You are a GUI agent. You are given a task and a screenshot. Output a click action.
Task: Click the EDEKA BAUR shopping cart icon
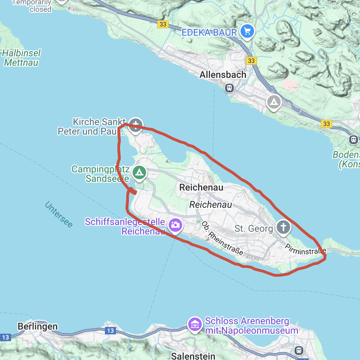click(x=247, y=32)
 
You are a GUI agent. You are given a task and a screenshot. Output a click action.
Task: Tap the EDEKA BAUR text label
click(x=209, y=33)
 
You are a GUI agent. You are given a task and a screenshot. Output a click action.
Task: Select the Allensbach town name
click(x=223, y=75)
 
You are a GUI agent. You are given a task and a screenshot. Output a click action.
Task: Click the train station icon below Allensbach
click(x=229, y=88)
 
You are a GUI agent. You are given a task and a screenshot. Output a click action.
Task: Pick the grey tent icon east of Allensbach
click(x=274, y=101)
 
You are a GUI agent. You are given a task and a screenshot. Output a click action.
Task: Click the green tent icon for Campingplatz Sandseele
click(x=139, y=172)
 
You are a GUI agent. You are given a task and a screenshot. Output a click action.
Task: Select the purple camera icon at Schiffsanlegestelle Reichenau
click(x=175, y=225)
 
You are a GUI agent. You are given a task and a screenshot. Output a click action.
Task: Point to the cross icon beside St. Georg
click(x=283, y=227)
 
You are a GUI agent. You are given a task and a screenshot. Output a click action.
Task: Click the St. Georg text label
click(x=254, y=229)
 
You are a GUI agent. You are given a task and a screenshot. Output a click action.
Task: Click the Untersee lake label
click(x=58, y=215)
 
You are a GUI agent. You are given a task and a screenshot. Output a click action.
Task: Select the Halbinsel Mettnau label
click(x=22, y=58)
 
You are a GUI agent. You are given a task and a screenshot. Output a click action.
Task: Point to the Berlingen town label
click(x=37, y=327)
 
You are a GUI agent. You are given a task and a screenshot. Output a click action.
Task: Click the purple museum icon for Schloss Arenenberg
click(x=195, y=325)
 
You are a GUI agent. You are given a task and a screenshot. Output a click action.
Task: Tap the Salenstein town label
click(x=193, y=356)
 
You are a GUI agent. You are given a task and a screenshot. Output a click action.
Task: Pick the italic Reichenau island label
click(x=211, y=204)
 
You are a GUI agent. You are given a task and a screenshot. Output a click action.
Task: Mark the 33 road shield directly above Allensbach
click(x=251, y=61)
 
